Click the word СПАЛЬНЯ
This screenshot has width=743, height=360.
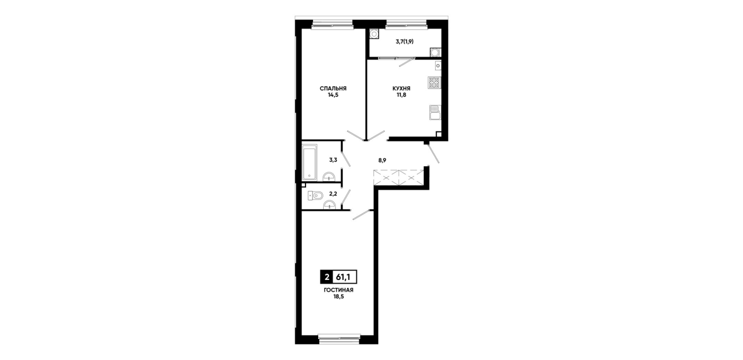(x=333, y=89)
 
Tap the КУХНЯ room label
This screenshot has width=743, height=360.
(x=401, y=89)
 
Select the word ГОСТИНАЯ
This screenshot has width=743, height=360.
(x=339, y=290)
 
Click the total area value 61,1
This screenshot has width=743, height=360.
(x=344, y=277)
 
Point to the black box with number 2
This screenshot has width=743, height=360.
(x=327, y=277)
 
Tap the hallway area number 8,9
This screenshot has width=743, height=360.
(x=382, y=160)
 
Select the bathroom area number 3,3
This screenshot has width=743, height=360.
(x=333, y=160)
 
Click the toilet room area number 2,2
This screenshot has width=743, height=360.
(x=333, y=194)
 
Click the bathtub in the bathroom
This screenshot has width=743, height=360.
(x=310, y=162)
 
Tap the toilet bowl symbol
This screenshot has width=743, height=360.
(x=315, y=196)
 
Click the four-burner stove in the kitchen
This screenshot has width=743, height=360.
(x=435, y=83)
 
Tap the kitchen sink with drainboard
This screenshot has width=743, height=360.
(x=435, y=112)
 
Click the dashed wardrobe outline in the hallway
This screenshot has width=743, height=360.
(x=399, y=178)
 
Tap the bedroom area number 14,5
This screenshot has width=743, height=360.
(x=333, y=95)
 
